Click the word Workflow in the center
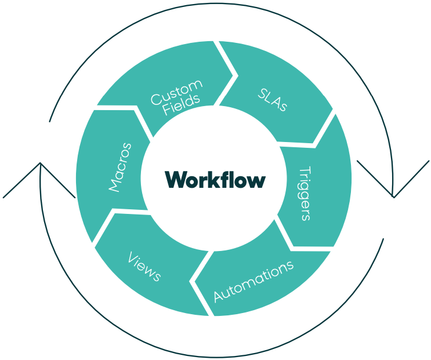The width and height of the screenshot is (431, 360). coord(215,179)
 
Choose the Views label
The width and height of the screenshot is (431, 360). coord(144,266)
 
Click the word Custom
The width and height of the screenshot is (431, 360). coord(177,92)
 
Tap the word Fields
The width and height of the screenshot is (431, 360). coord(182,106)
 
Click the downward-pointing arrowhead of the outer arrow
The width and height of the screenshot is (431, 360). coord(393,195)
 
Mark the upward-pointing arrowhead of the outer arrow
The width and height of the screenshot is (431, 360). coord(40,165)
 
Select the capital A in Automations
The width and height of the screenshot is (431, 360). coord(219,297)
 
